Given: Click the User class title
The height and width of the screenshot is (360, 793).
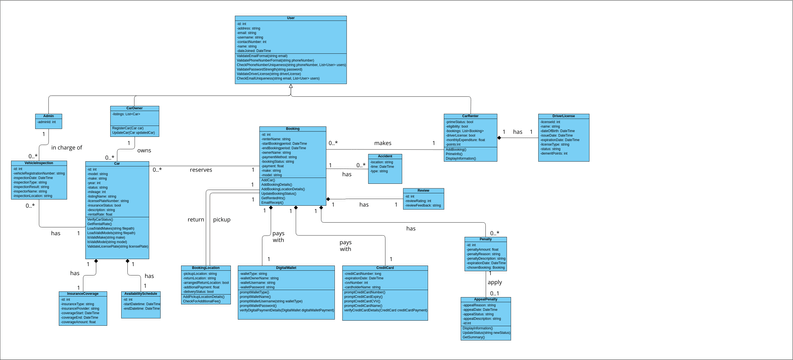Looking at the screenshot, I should click(291, 18).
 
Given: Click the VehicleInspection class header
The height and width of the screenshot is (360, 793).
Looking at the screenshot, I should click(39, 163).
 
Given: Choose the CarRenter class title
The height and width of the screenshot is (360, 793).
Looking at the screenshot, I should click(470, 116).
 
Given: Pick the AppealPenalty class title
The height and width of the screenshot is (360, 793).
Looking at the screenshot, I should click(485, 299).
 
